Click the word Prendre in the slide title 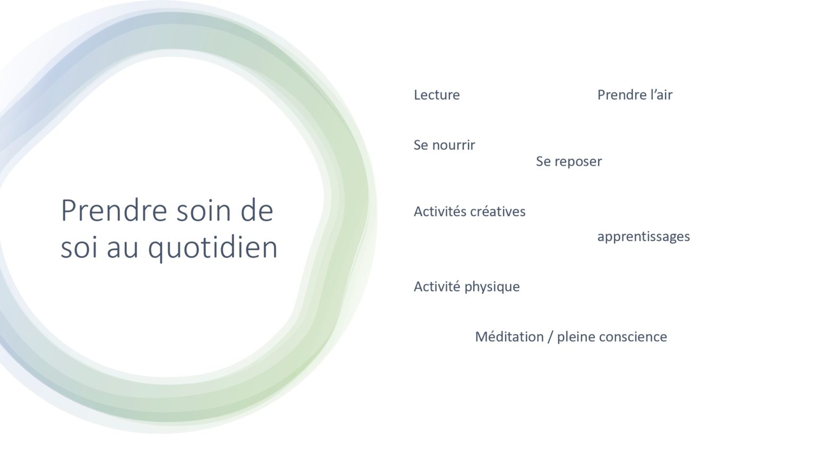(x=114, y=210)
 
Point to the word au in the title (x=122, y=249)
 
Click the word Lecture (x=437, y=95)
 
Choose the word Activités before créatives (x=440, y=211)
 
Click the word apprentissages (x=644, y=237)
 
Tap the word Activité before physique (x=437, y=287)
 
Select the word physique (x=492, y=287)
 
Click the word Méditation (x=509, y=337)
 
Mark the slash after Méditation (x=550, y=337)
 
